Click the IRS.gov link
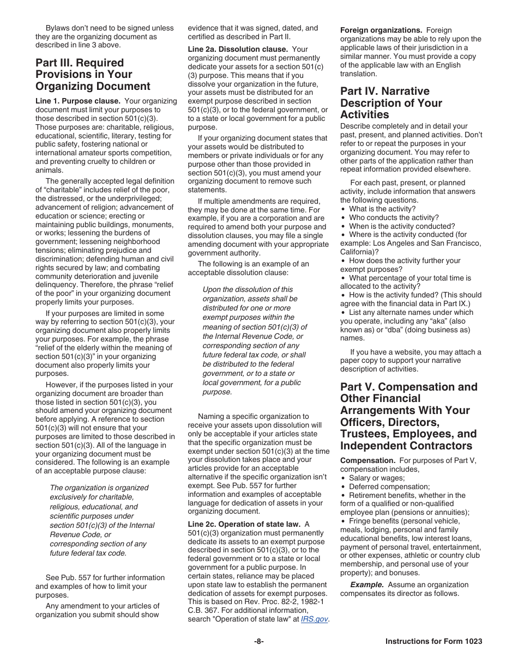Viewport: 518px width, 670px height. [x=314, y=619]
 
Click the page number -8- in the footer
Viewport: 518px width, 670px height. [x=258, y=642]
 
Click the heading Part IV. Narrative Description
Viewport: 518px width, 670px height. [x=391, y=103]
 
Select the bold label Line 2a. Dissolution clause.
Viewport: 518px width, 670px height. [x=238, y=49]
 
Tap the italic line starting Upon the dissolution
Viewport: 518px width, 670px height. [x=248, y=289]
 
